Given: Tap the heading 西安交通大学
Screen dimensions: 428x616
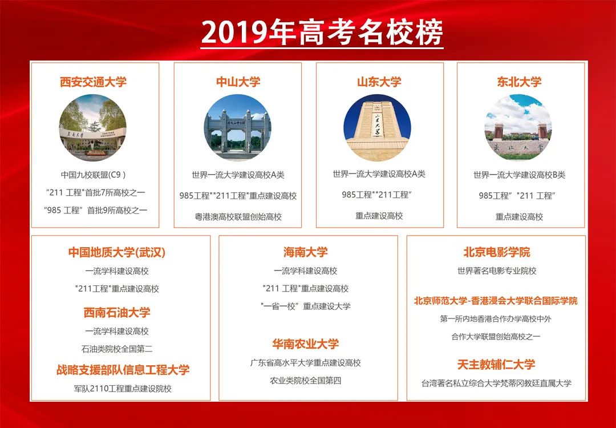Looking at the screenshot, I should point(94,82).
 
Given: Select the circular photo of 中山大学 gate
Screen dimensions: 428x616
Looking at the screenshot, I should point(238,127).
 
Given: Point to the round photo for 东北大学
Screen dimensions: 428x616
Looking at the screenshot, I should point(518,127).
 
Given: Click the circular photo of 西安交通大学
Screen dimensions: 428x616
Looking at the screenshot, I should point(94,127).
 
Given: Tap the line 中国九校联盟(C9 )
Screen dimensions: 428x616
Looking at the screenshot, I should point(94,175).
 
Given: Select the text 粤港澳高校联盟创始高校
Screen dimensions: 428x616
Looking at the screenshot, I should point(238,217).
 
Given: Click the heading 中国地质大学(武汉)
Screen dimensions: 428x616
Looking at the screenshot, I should point(117,252).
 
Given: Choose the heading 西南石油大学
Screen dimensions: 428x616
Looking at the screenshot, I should point(117,312).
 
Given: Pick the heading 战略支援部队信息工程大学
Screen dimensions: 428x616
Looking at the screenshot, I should point(123,370).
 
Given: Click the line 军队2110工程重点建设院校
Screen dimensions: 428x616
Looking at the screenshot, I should point(123,389).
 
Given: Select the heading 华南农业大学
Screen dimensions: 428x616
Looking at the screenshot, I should point(306,344).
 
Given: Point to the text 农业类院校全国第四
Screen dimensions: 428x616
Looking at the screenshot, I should point(306,380).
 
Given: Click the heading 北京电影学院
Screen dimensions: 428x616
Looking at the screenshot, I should point(497,252).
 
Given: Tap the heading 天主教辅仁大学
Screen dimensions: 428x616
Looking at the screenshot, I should point(496,364).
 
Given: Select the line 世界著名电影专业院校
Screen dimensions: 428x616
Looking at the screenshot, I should point(497,270).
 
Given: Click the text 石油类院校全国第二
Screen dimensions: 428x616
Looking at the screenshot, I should point(117,349).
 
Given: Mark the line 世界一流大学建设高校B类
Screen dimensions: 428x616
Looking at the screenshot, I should point(519,175).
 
